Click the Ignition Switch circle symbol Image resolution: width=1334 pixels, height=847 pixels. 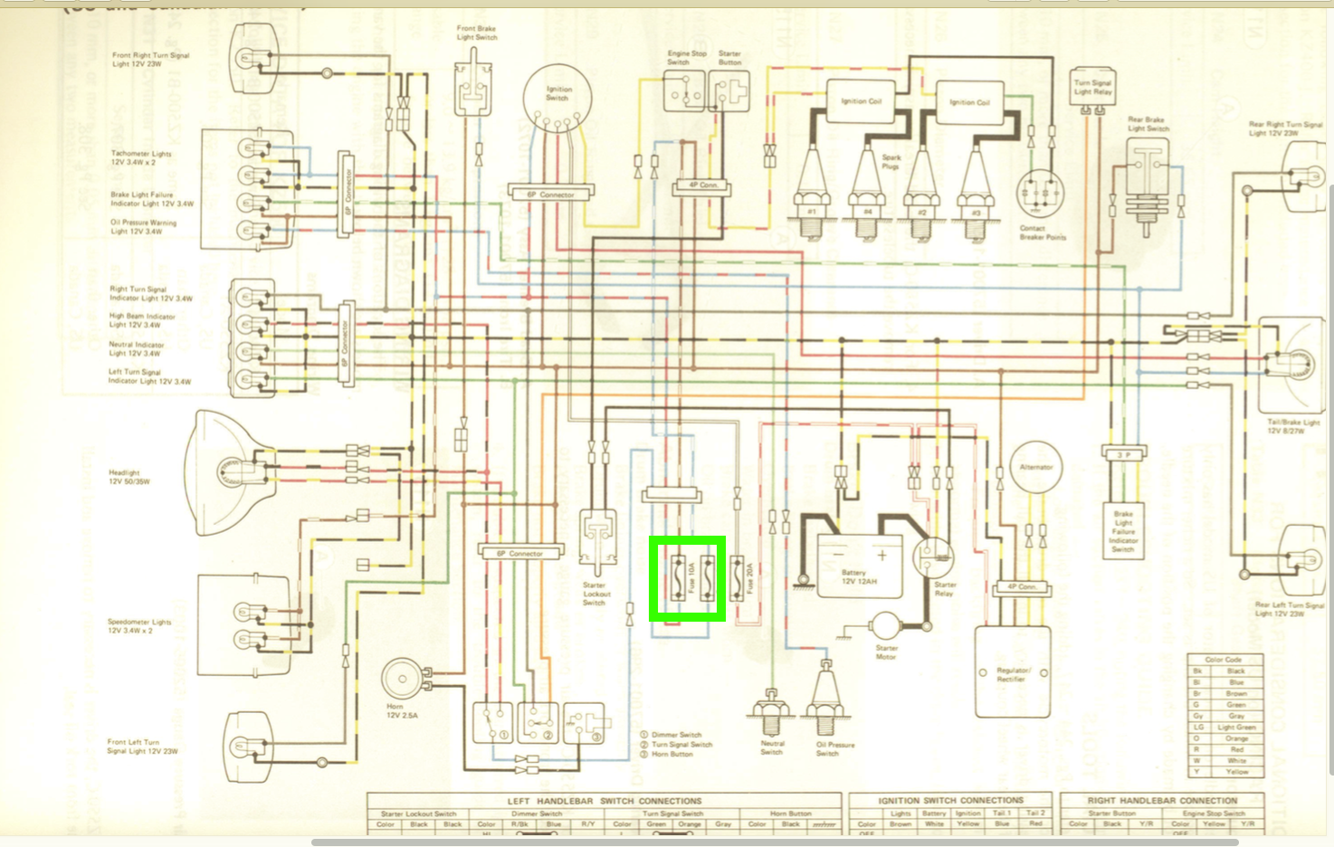click(x=557, y=97)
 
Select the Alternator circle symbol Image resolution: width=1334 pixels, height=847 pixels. click(x=1036, y=468)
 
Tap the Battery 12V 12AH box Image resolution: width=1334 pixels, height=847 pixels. click(x=860, y=566)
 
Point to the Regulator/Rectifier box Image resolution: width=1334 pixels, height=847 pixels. click(x=1013, y=671)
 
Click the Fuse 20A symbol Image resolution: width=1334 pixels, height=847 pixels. click(x=738, y=579)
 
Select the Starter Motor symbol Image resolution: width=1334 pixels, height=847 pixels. click(x=884, y=625)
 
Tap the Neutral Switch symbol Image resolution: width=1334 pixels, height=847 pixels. click(x=771, y=714)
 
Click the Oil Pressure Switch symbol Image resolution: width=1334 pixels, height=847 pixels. click(x=825, y=702)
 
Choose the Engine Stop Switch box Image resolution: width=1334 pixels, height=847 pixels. click(x=684, y=91)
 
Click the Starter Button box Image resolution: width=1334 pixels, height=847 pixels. click(x=729, y=91)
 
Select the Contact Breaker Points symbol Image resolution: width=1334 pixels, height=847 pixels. click(x=1041, y=194)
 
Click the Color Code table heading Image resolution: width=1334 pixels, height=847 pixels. click(x=1223, y=660)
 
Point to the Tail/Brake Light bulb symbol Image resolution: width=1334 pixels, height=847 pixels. click(x=1290, y=365)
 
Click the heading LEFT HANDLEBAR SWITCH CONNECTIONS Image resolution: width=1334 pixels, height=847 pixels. click(x=605, y=801)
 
